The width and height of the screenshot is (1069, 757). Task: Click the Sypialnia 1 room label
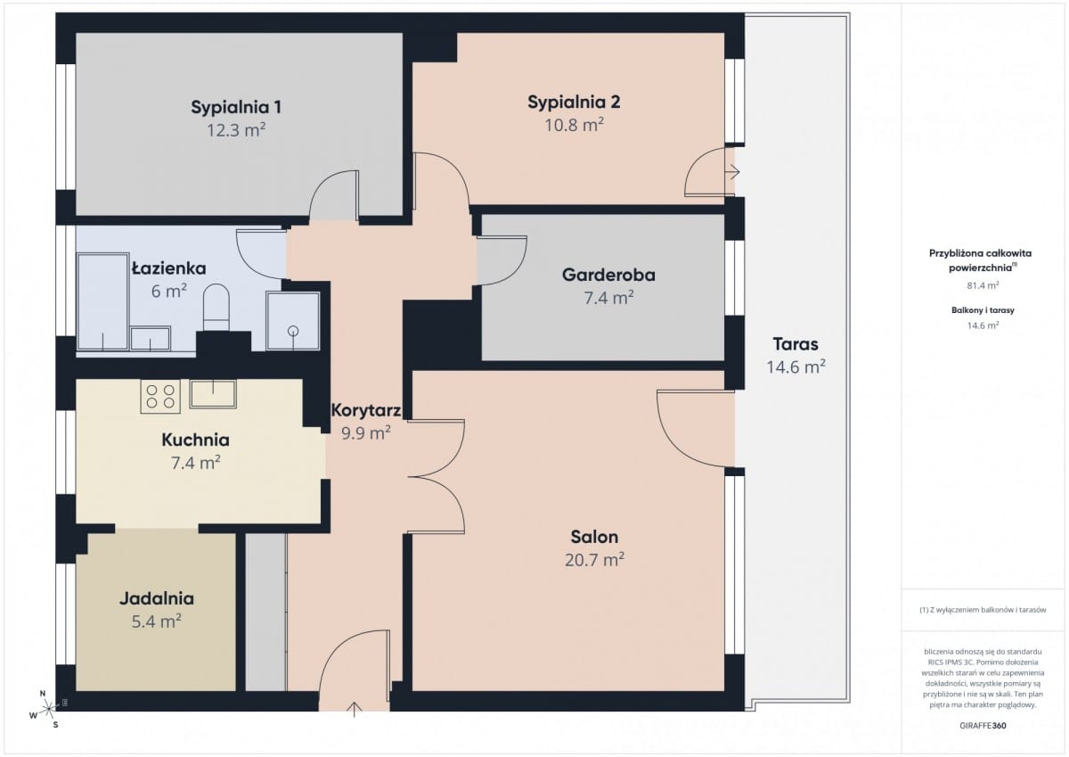[236, 107]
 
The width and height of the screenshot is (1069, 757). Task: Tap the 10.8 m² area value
[574, 125]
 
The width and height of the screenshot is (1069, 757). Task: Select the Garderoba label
[608, 275]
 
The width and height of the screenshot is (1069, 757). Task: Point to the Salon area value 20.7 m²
[595, 560]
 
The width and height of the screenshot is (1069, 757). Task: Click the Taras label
[796, 344]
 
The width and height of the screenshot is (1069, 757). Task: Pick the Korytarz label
[365, 410]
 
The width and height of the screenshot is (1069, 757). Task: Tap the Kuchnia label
[196, 440]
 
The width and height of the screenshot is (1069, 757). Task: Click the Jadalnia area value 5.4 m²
[157, 621]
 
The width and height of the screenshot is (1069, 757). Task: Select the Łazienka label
[169, 268]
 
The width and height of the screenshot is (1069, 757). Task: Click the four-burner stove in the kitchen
[160, 397]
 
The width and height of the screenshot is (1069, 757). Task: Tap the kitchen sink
[213, 394]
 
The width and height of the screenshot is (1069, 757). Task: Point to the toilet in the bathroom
[216, 308]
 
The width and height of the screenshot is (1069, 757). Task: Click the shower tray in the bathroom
[293, 321]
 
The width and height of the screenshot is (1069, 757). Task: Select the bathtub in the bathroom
[103, 302]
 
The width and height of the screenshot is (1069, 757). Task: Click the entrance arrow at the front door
[355, 710]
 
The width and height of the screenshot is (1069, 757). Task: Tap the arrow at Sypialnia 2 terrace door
[732, 171]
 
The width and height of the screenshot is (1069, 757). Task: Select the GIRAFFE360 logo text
[983, 726]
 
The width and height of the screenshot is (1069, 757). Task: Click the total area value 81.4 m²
[983, 285]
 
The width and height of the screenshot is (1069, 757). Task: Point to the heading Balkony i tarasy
[983, 310]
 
